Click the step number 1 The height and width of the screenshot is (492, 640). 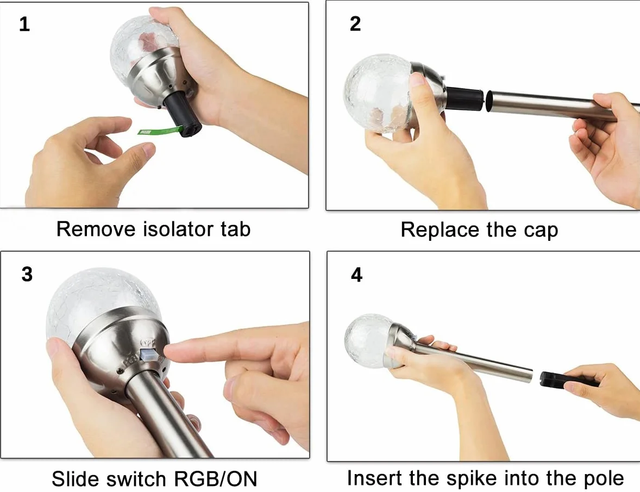coord(24,24)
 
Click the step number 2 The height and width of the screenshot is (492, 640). coord(355,24)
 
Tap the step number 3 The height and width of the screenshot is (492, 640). coord(27,275)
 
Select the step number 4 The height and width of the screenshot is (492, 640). coord(356,275)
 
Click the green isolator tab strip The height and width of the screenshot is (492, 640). coord(160,130)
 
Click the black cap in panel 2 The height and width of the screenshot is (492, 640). coord(465,99)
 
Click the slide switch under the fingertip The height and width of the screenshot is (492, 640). coord(148,354)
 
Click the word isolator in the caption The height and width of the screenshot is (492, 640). coord(178,229)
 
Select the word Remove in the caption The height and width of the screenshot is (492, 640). coord(96,229)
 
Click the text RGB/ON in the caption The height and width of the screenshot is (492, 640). coord(216,479)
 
